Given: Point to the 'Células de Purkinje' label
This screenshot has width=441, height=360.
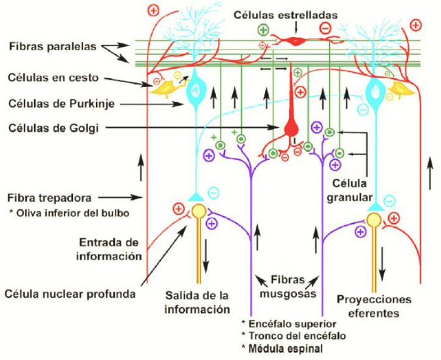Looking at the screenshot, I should click(59, 103).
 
